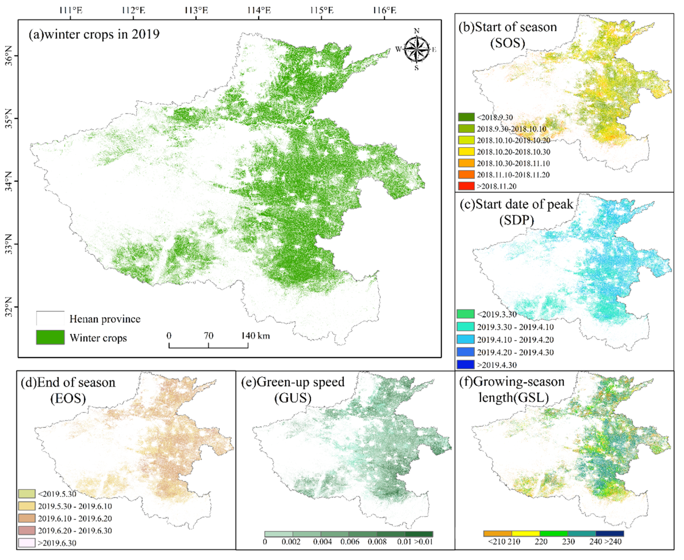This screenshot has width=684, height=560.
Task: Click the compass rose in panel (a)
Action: pos(416,49)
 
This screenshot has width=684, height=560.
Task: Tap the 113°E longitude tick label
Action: pos(196,10)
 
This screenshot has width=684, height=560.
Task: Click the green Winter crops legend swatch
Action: pos(50,337)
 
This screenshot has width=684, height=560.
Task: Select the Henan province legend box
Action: pos(50,318)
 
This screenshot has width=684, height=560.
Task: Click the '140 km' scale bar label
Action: pos(256,336)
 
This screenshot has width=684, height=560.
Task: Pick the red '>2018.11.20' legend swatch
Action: pos(466,186)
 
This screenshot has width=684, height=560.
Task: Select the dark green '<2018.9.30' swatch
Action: pos(466,117)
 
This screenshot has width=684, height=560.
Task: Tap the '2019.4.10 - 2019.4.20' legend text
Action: pos(515,340)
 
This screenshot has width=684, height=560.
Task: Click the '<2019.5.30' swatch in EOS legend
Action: pos(27,494)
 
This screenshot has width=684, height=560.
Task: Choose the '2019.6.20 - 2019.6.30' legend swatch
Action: pos(27,530)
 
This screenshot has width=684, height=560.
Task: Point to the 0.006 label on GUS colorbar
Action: pos(350,542)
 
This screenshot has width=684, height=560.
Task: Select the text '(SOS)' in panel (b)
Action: pos(507,43)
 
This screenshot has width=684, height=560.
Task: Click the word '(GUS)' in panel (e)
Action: pos(293,398)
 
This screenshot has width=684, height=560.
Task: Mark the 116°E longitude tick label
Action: pos(385,10)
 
